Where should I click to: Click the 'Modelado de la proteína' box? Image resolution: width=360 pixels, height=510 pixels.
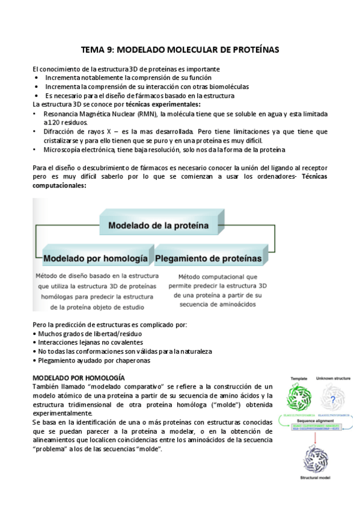pos(157,227)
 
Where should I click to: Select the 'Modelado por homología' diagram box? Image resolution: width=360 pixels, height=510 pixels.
pos(96,259)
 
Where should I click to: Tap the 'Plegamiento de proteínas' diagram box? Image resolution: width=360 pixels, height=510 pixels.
pos(209,259)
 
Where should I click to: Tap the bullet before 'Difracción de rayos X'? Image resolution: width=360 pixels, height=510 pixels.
pos(35,131)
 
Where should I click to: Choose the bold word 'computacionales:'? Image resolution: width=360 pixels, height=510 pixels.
pos(59,185)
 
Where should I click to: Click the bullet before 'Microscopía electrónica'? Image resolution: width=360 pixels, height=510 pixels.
pos(35,149)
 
